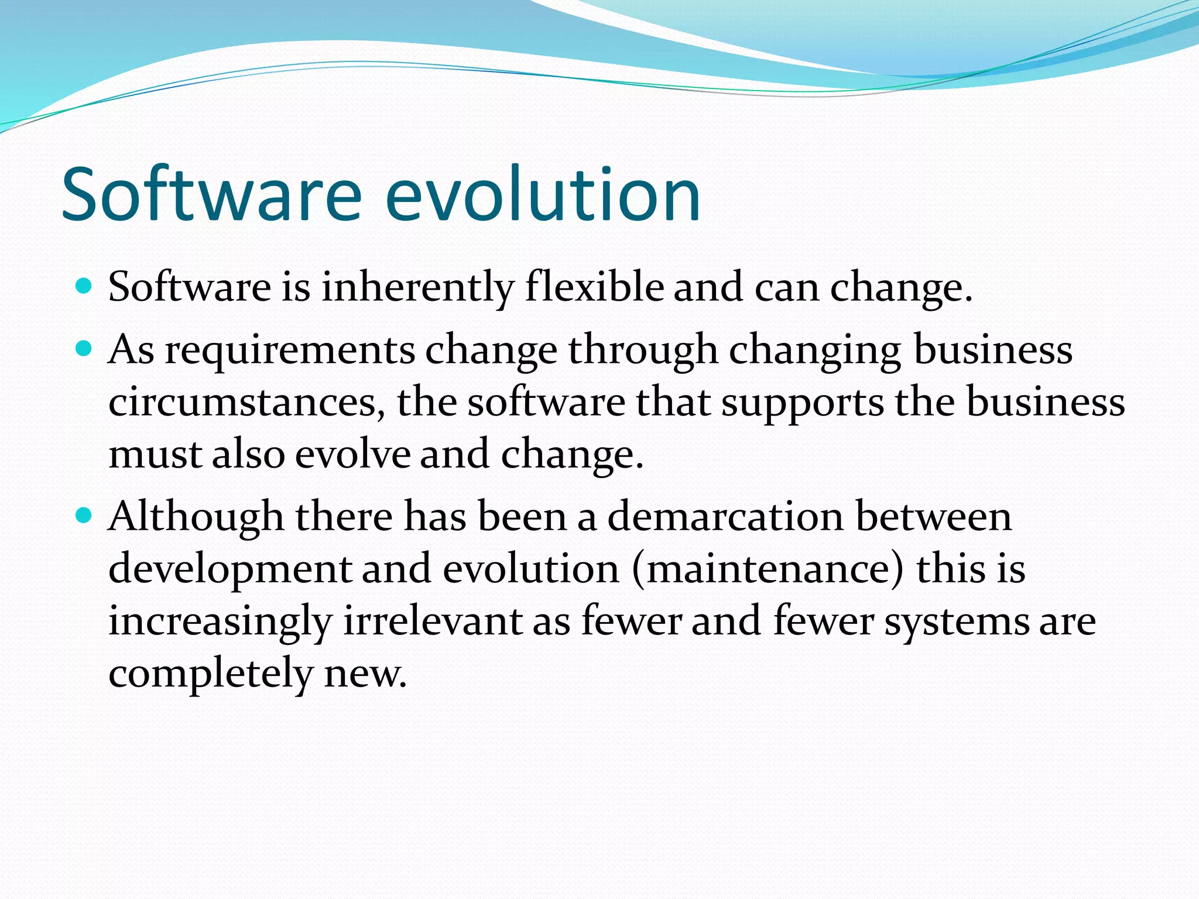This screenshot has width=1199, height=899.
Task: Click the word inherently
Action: click(x=417, y=288)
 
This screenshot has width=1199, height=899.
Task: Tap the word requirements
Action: click(x=289, y=351)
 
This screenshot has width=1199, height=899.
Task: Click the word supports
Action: click(x=802, y=404)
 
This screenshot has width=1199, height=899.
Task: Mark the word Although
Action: click(x=196, y=517)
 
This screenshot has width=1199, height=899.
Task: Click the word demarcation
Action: click(x=725, y=517)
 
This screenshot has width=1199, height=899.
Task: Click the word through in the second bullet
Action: click(x=643, y=351)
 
